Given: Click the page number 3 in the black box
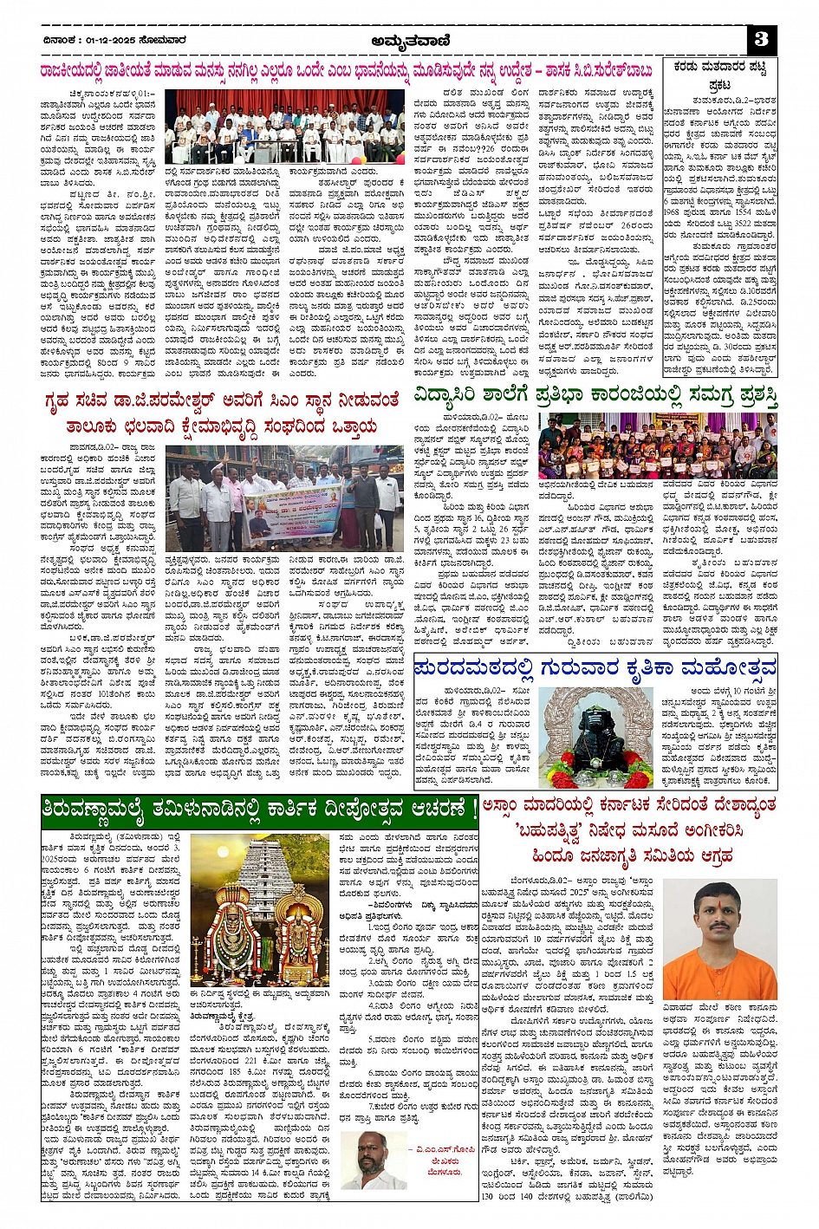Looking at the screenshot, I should coord(762,39).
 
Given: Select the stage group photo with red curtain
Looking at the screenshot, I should coord(296,127).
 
